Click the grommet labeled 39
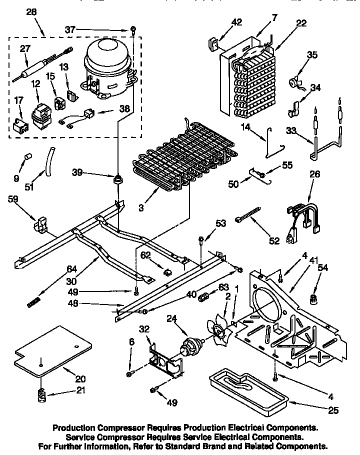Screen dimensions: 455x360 [118, 178]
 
